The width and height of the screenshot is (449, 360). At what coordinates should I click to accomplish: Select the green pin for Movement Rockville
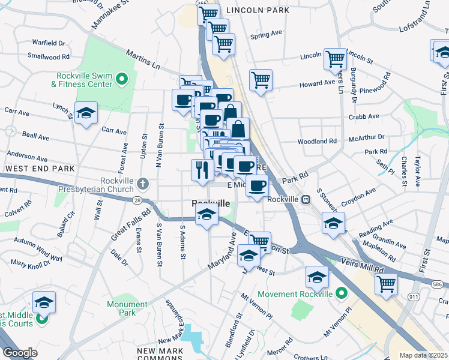342,293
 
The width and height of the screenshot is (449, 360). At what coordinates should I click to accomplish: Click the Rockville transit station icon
306,200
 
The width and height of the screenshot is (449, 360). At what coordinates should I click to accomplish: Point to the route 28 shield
137,200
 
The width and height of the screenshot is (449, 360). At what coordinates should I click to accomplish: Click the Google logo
20,352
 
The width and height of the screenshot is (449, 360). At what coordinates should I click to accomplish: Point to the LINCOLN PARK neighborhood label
258,11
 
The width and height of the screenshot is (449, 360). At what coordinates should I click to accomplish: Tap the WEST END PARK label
40,169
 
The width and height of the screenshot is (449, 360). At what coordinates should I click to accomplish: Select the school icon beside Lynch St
86,112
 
